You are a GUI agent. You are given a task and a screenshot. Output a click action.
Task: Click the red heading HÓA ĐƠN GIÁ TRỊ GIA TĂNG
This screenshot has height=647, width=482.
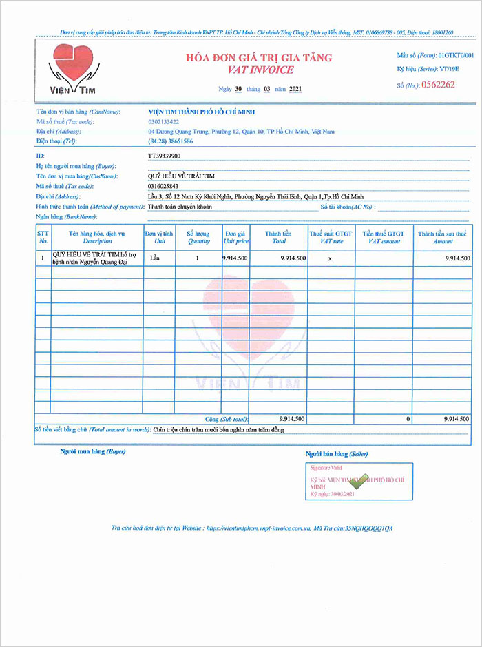point(255,57)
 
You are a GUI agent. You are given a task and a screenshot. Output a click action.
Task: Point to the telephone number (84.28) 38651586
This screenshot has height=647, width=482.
point(170,141)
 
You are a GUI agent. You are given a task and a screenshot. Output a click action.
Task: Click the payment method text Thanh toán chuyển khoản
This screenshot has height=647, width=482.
point(180,206)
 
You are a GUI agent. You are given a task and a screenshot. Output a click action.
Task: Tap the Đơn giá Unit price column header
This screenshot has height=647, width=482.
point(235,238)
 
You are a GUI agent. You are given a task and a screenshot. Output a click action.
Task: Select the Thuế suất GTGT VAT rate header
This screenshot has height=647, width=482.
point(331,238)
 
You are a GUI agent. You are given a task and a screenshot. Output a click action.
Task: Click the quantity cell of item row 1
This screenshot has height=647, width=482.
point(198,258)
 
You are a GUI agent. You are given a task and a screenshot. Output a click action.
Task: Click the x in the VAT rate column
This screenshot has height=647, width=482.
point(330,258)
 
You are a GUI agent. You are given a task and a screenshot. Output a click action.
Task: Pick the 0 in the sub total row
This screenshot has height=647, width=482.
point(408,419)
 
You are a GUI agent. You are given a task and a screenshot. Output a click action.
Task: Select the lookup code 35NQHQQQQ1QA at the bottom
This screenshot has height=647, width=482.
point(369,528)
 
